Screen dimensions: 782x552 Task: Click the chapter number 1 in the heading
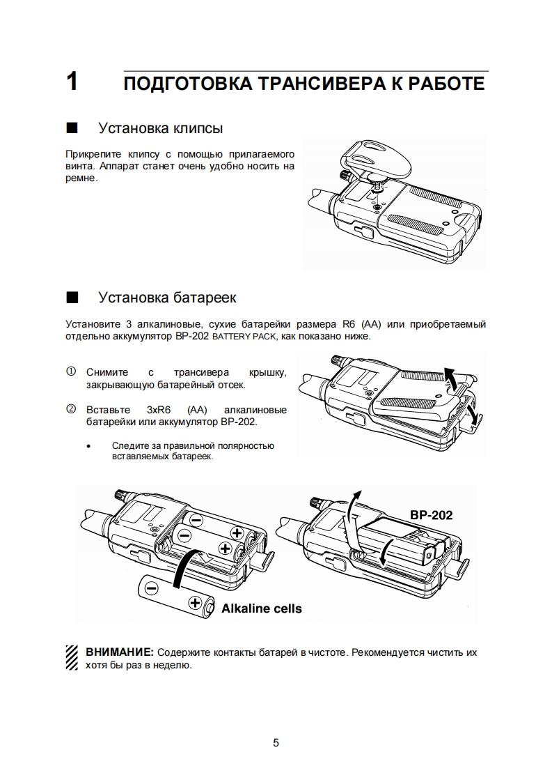(x=72, y=83)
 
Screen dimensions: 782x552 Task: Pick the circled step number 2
(x=70, y=409)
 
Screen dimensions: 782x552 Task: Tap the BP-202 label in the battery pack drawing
(x=431, y=515)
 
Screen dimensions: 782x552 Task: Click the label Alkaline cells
(x=262, y=608)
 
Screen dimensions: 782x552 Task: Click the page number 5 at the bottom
(x=276, y=743)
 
